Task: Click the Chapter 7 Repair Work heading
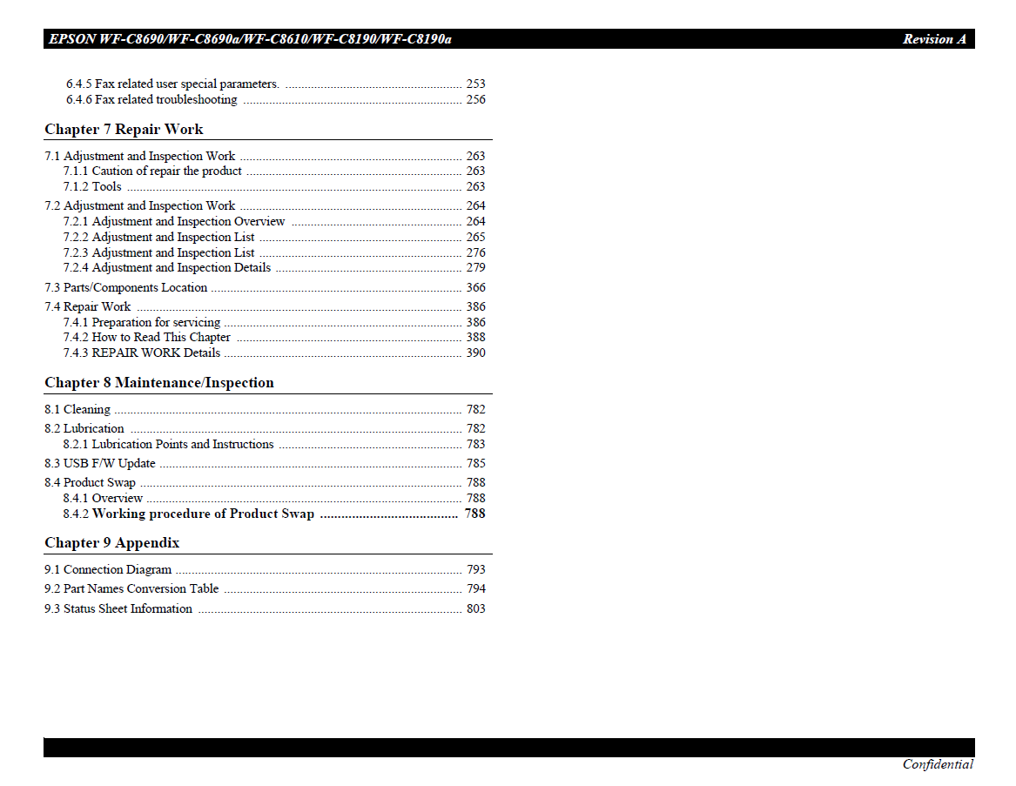coord(124,130)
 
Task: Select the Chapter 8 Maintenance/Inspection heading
coord(158,383)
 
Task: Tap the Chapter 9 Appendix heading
coord(111,543)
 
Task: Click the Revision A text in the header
coord(933,39)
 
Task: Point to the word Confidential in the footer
coord(938,765)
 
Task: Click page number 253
coord(475,84)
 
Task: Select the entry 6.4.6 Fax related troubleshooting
coord(151,100)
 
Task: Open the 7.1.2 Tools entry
coord(92,187)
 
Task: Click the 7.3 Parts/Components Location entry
coord(126,288)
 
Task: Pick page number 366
coord(475,288)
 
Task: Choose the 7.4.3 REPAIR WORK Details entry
coord(142,353)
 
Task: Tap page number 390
coord(475,353)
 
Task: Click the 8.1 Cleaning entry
coord(77,410)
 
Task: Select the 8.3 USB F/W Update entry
coord(100,464)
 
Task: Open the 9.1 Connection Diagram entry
coord(108,570)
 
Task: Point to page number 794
coord(475,589)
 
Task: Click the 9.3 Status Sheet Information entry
coord(118,609)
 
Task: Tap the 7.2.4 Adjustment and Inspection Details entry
coord(167,268)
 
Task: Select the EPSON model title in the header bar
coord(250,39)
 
